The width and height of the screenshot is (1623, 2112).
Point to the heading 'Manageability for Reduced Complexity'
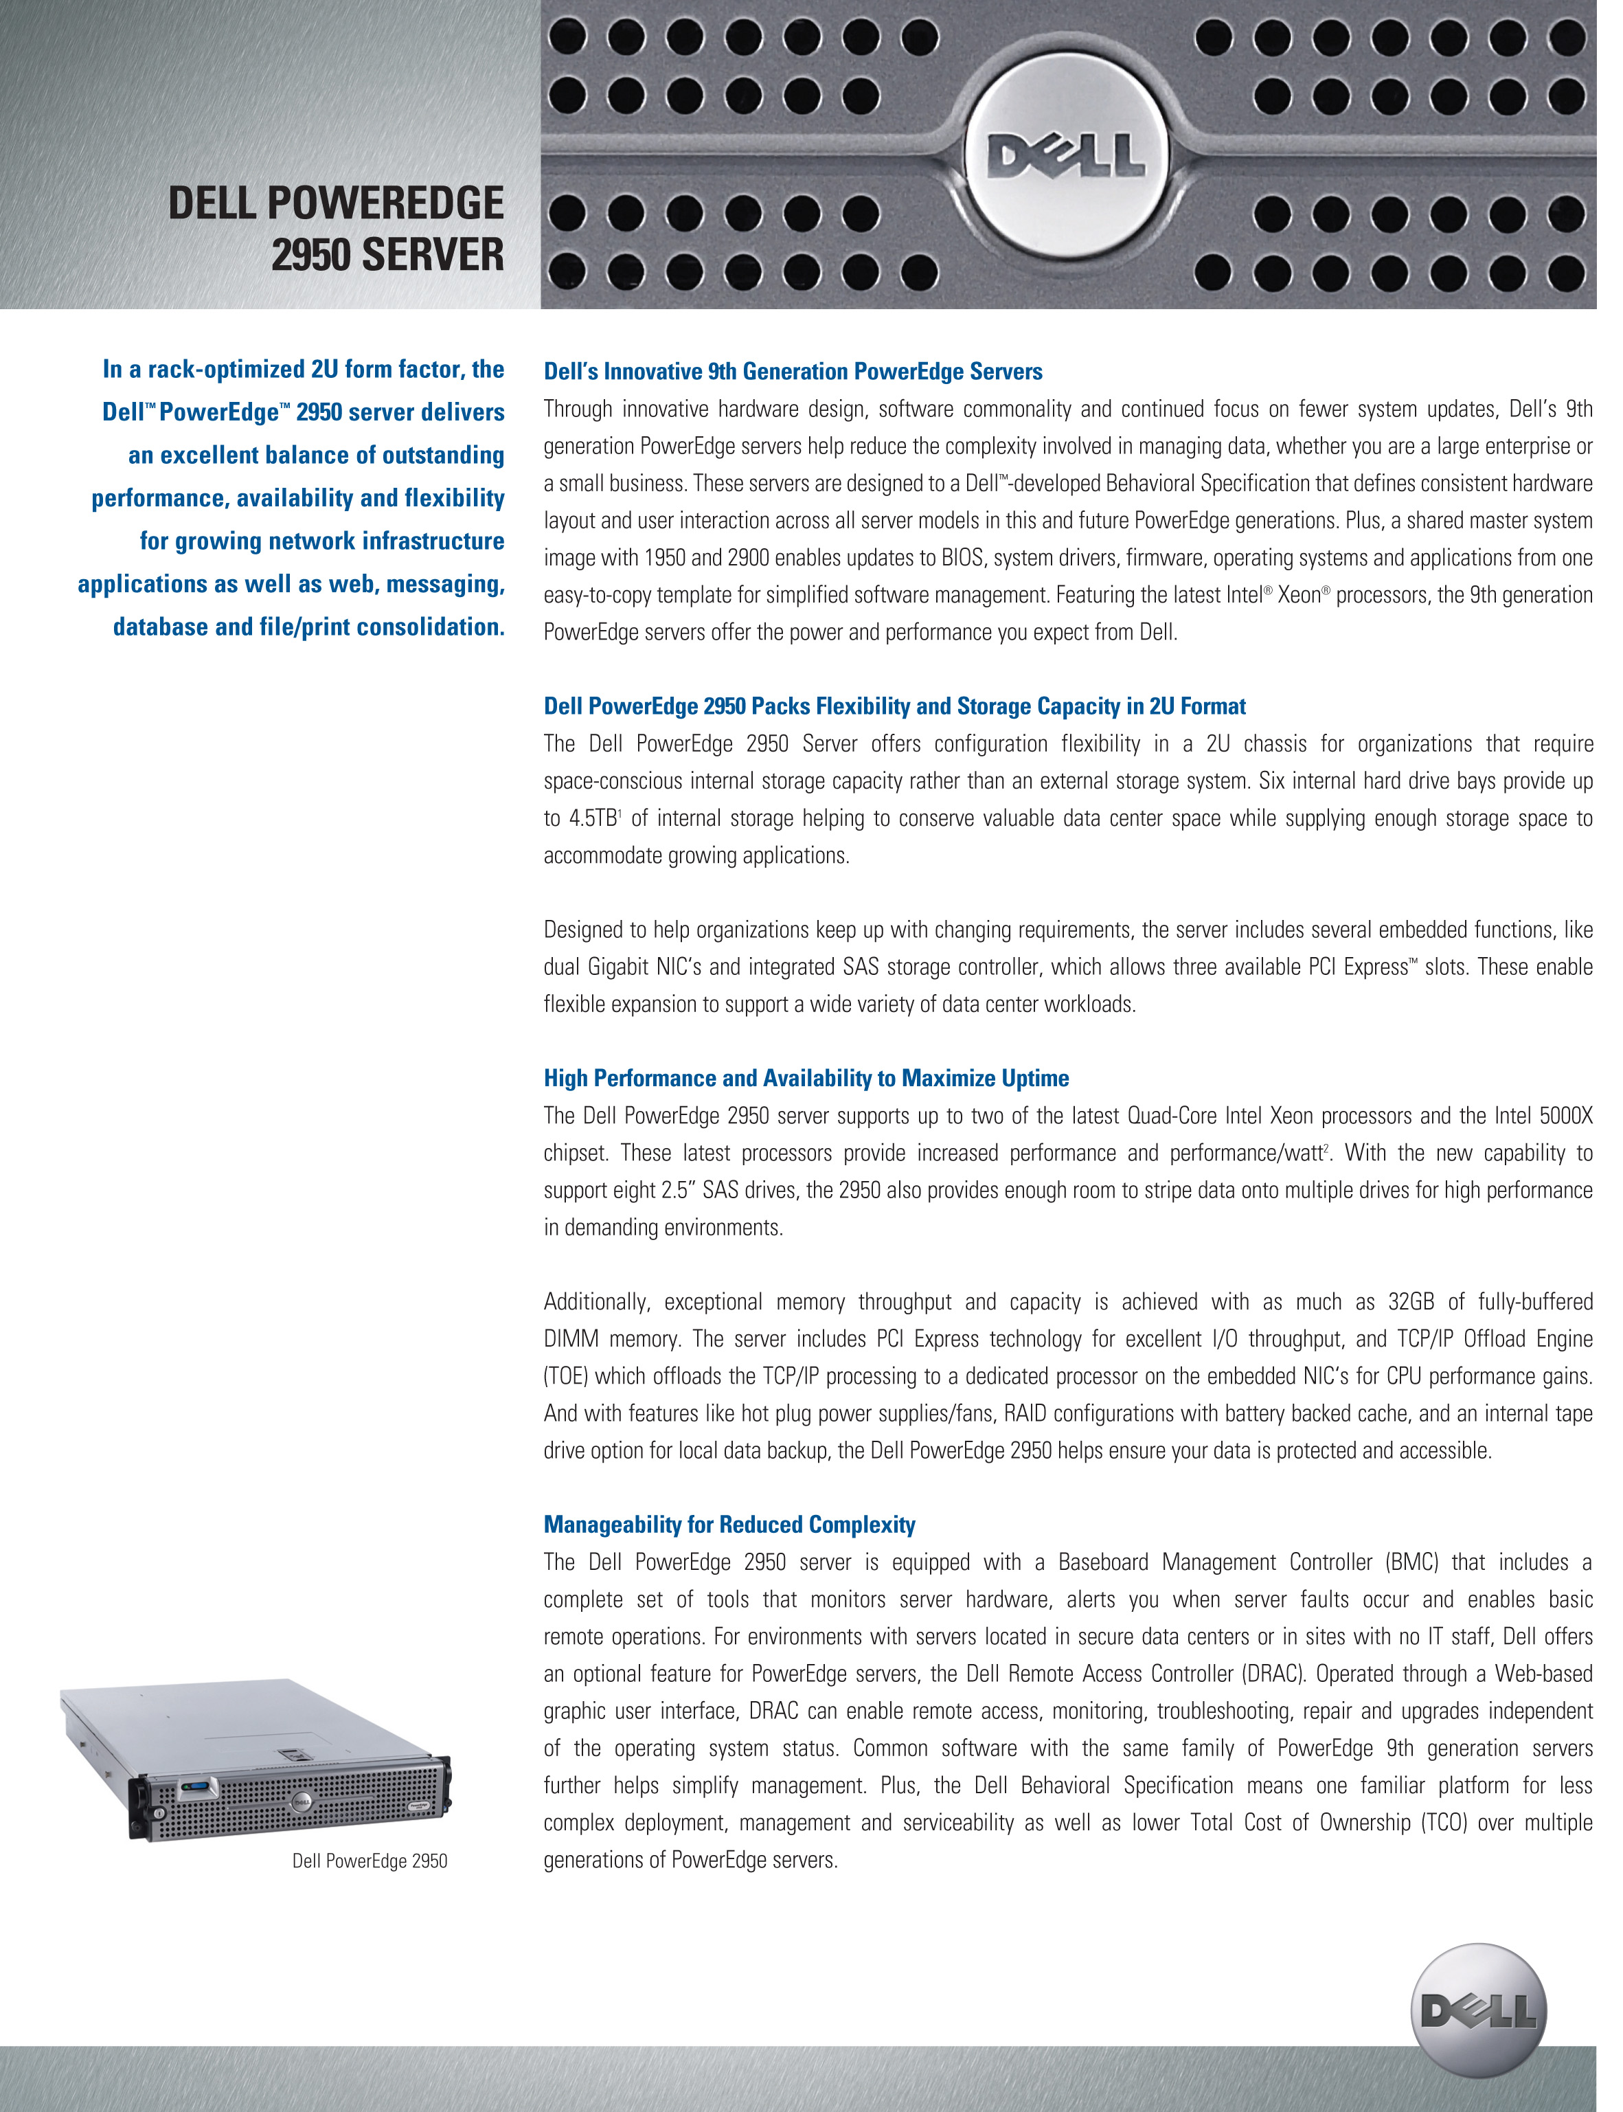[x=729, y=1525]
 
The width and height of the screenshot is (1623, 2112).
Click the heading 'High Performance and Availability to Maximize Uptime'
[x=806, y=1078]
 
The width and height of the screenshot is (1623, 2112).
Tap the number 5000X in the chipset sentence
[x=1565, y=1116]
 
